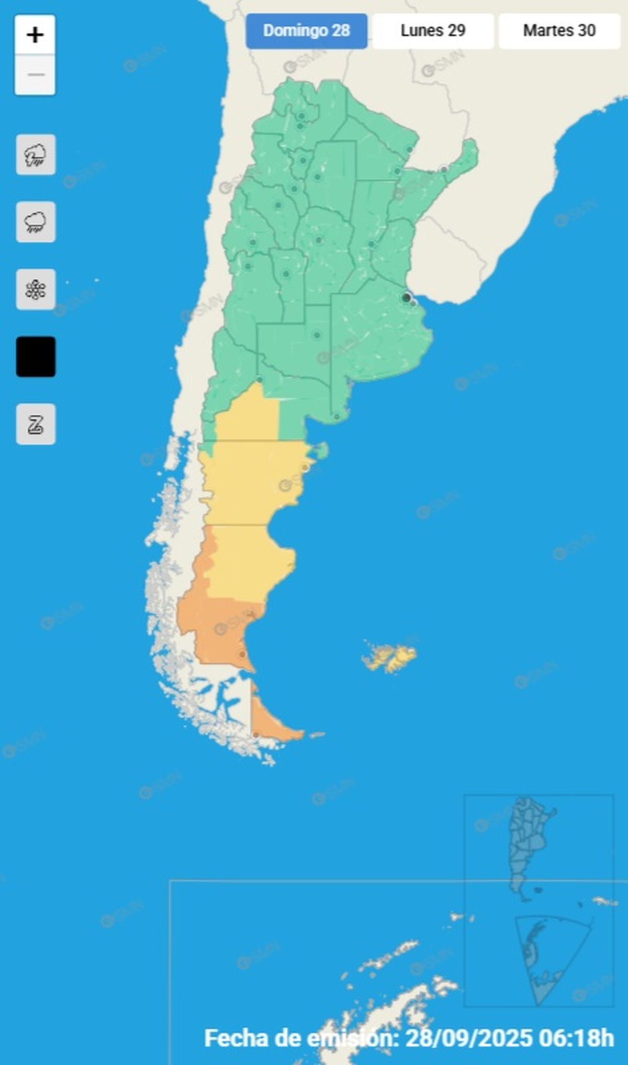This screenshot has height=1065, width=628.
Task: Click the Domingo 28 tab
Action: tap(306, 31)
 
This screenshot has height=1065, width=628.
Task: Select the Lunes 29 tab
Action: tap(433, 31)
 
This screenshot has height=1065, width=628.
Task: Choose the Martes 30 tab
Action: tap(559, 31)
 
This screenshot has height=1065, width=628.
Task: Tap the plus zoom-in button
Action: tap(35, 35)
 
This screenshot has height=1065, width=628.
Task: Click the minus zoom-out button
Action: tap(35, 75)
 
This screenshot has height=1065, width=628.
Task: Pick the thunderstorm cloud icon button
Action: tap(36, 155)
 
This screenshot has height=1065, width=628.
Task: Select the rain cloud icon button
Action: tap(36, 222)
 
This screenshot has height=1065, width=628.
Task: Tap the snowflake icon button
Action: tap(36, 290)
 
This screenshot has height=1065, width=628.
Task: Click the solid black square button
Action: tap(36, 357)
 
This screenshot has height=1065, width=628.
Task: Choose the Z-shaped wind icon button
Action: tap(36, 424)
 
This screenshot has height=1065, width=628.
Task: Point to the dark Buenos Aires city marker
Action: tap(406, 298)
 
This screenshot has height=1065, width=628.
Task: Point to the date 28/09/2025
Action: tap(468, 1038)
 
